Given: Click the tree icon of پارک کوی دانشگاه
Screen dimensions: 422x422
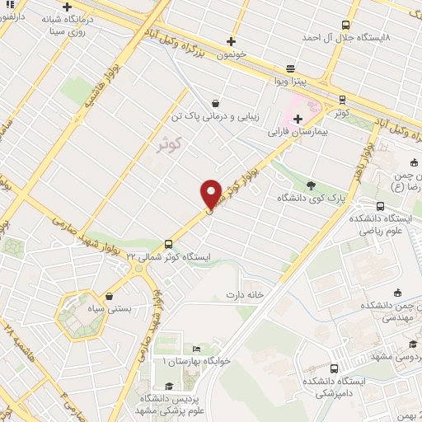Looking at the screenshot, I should tap(311, 185).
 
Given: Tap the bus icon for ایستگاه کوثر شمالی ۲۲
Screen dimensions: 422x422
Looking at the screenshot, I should tap(168, 244).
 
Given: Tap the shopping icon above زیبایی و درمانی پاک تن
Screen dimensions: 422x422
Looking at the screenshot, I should tap(216, 104).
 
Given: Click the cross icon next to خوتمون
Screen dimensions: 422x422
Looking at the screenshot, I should tap(232, 41).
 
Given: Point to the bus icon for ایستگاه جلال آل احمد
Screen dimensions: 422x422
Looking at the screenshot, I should tap(343, 25).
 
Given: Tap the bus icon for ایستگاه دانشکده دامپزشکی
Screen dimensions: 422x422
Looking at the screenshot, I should tap(334, 368).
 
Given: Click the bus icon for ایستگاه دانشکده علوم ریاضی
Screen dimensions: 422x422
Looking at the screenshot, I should tap(380, 207).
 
